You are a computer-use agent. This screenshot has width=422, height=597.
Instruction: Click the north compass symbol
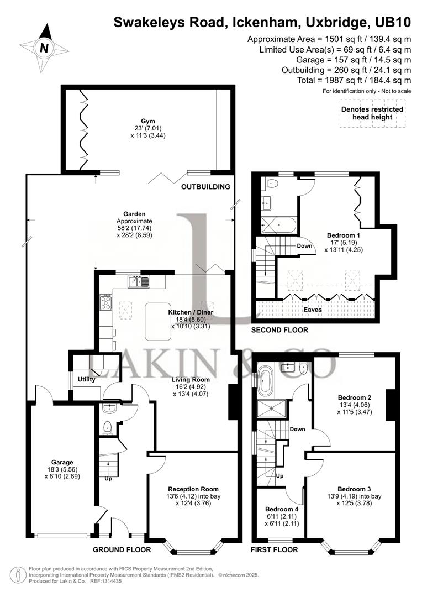(43, 48)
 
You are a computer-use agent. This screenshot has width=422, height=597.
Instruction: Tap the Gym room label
(148, 121)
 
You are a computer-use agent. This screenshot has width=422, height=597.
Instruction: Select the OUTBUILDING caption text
(205, 187)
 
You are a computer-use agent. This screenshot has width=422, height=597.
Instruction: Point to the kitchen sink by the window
(138, 282)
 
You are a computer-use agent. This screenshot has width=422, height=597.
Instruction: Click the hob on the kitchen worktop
(106, 302)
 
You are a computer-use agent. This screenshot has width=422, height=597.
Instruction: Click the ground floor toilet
(109, 426)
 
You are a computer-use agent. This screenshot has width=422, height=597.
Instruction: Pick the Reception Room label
(193, 489)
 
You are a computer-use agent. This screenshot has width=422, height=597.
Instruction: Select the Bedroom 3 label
(354, 489)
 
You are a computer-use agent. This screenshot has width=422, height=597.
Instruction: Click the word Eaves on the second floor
(313, 310)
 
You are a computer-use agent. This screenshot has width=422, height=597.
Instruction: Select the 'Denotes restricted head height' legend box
(372, 113)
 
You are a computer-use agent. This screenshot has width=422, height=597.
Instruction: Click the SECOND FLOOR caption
(279, 330)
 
